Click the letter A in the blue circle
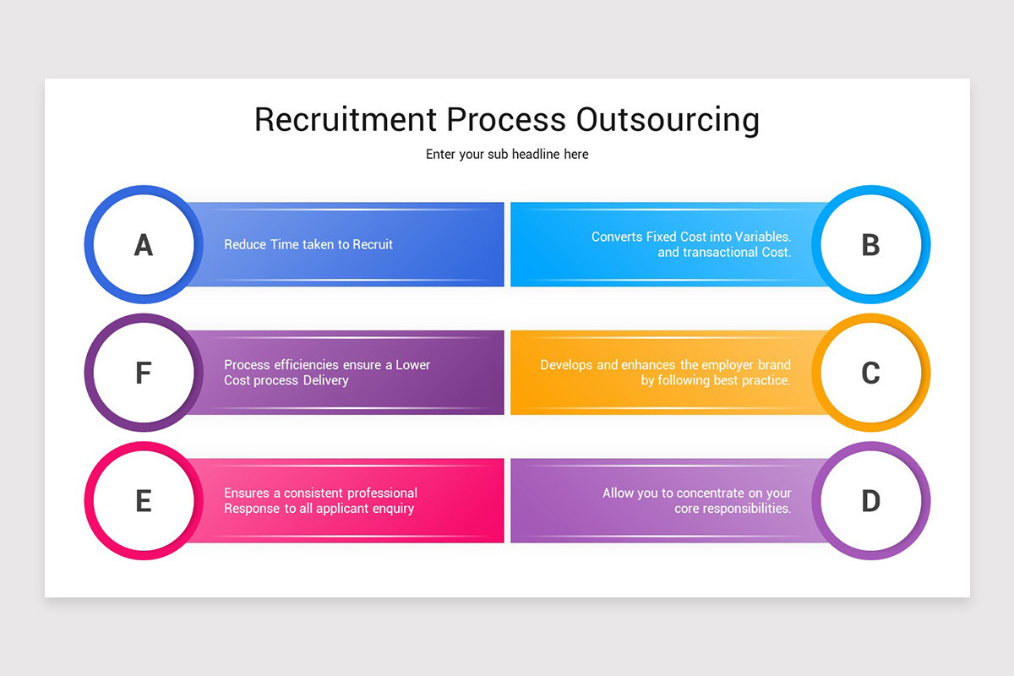144,245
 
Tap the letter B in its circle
870,245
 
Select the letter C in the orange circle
870,373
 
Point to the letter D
870,501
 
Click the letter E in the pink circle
144,501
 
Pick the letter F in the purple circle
144,373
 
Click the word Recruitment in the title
346,119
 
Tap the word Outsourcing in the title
668,119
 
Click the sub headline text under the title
507,155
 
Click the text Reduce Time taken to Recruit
308,244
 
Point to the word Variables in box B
763,237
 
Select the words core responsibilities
733,509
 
